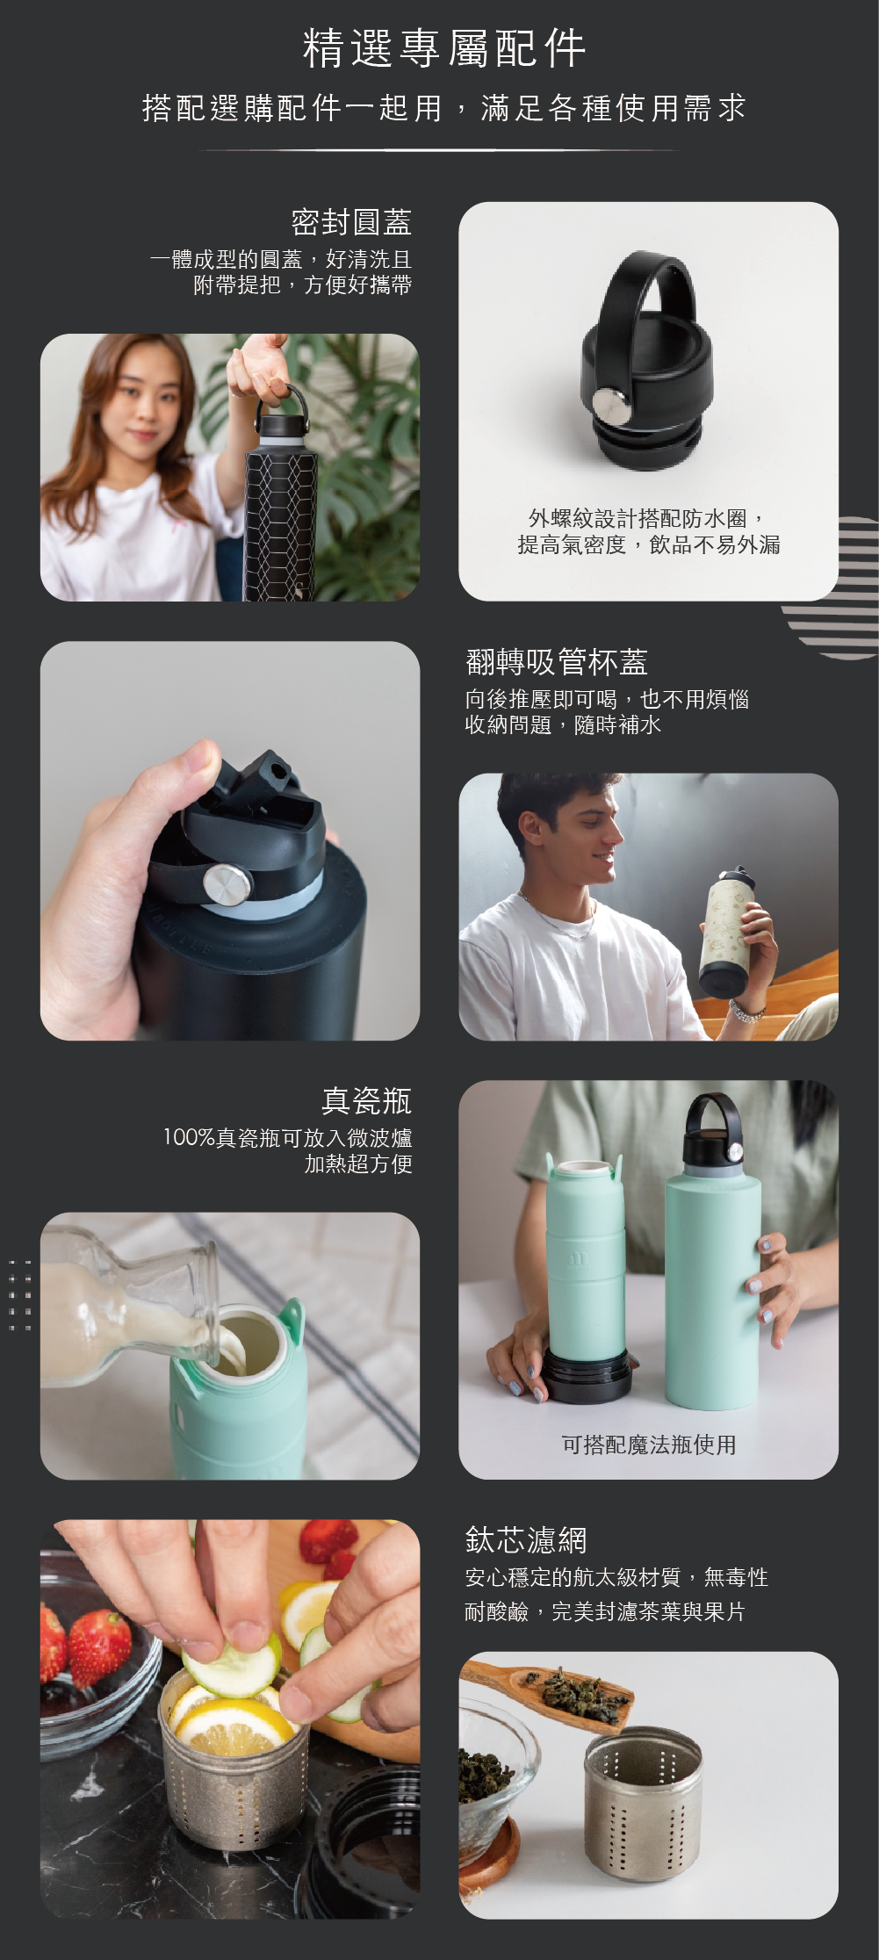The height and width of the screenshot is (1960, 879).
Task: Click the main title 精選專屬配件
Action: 443,48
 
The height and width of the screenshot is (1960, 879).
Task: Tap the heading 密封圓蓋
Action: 351,222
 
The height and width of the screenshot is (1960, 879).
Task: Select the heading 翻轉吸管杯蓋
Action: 557,662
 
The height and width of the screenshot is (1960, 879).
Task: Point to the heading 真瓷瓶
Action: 366,1101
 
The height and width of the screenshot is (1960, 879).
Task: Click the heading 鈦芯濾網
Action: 526,1540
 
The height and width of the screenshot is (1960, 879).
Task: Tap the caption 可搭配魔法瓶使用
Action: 649,1445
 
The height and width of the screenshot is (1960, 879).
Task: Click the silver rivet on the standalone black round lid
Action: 611,405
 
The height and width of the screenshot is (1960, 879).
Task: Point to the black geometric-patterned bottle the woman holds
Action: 280,501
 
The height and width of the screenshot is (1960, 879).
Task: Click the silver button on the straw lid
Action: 227,884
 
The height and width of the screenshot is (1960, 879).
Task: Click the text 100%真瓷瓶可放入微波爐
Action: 287,1138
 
